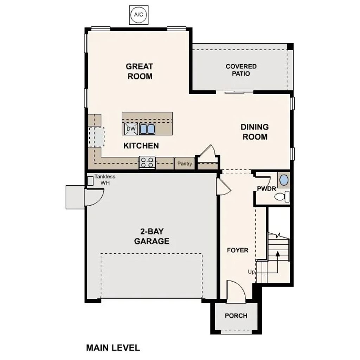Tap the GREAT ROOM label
click(x=140, y=71)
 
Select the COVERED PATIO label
click(x=241, y=70)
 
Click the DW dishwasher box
click(x=131, y=129)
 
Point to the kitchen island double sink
click(x=147, y=129)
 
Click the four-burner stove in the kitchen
click(x=147, y=162)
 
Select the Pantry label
click(x=185, y=163)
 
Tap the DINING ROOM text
click(x=255, y=132)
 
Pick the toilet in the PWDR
click(x=283, y=197)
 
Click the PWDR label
click(x=266, y=188)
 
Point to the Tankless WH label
click(x=105, y=180)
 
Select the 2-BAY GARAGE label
click(x=152, y=236)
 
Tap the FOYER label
click(x=238, y=250)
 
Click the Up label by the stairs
click(x=251, y=272)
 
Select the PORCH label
click(x=236, y=316)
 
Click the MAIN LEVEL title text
click(x=113, y=348)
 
